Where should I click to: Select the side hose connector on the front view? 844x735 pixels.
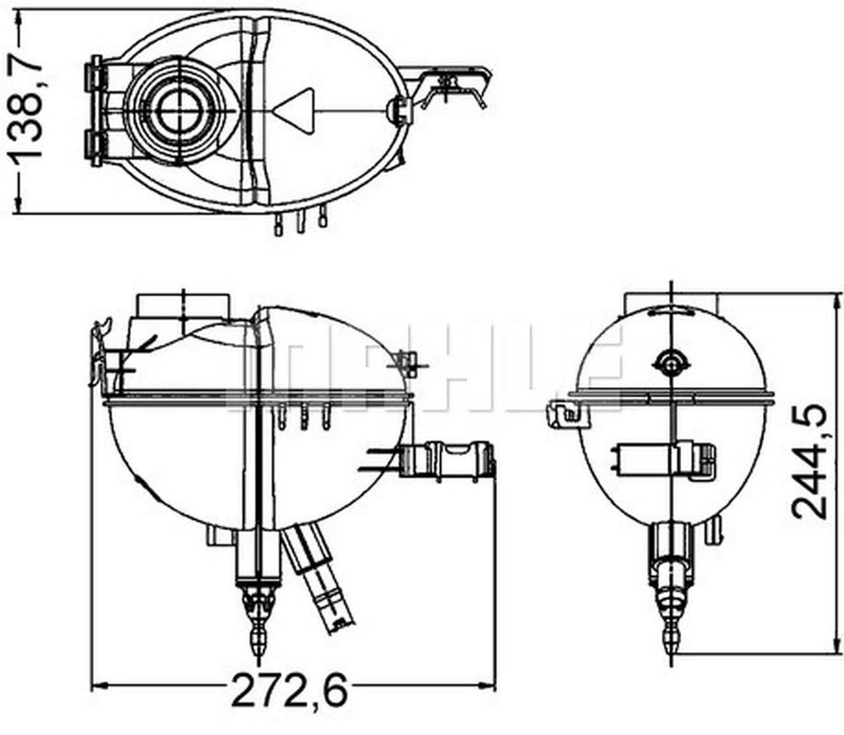point(448,460)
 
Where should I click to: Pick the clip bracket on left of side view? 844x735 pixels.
point(566,413)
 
